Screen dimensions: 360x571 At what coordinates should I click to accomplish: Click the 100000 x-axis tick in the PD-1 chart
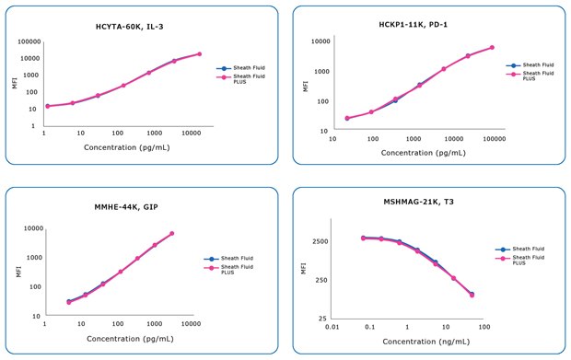494,138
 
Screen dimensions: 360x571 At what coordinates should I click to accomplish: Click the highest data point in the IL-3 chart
199,53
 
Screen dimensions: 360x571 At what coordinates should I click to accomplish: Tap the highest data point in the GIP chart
171,233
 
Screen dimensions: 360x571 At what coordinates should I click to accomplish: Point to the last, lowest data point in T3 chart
472,295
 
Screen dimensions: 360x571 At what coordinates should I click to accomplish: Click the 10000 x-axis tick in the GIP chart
191,324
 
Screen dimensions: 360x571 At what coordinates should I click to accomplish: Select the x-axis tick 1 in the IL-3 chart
44,134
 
